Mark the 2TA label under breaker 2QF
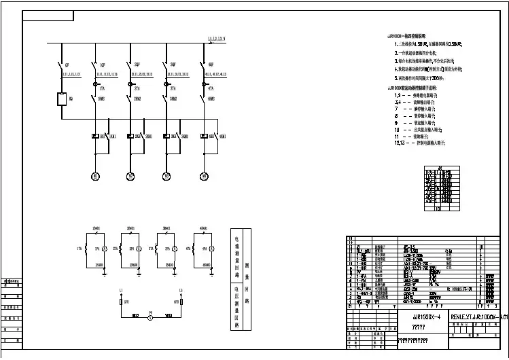137,88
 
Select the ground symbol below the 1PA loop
104,272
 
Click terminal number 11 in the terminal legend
397,136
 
